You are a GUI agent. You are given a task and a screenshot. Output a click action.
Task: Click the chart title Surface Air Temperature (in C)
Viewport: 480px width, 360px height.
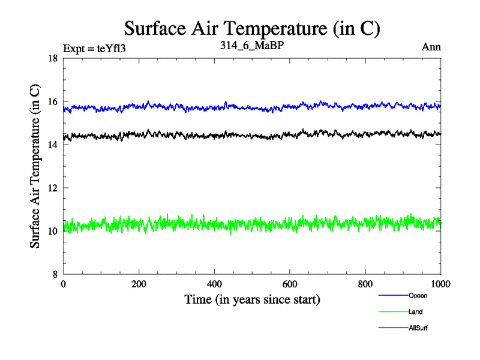coord(252,28)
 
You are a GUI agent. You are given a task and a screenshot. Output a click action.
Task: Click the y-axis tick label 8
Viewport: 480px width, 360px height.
coord(55,274)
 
